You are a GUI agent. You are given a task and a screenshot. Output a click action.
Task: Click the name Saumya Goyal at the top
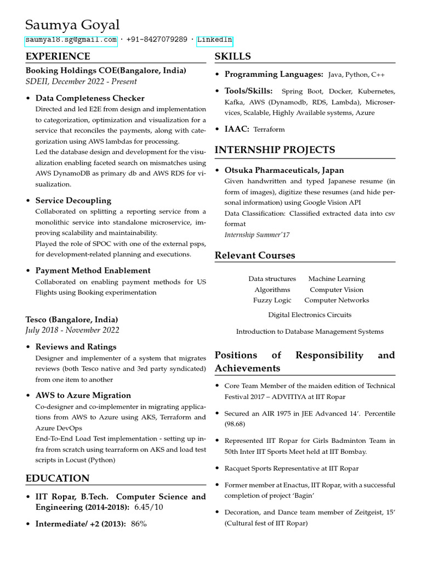pos(72,25)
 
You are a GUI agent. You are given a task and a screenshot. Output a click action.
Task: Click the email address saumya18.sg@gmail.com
pos(71,40)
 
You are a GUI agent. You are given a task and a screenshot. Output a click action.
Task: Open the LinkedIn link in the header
pos(215,40)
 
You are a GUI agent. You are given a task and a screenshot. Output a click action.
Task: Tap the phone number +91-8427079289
pos(156,40)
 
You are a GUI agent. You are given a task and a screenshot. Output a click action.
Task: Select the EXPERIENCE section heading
pos(58,57)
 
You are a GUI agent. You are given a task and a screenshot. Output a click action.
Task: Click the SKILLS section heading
pos(232,57)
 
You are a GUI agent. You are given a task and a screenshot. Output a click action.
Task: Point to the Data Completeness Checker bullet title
pos(90,98)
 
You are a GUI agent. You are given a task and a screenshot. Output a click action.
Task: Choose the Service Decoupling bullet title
pos(73,200)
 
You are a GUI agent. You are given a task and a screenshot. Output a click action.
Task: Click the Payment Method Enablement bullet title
pos(93,271)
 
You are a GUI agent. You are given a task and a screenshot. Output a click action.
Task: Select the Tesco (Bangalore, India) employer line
pos(72,319)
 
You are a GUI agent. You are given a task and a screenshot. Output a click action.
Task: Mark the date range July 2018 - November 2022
pos(72,330)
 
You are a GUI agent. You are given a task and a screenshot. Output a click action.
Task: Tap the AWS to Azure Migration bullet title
pos(83,395)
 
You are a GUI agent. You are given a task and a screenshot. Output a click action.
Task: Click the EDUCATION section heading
pos(58,479)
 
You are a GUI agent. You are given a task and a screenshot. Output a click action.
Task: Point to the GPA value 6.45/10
pos(150,507)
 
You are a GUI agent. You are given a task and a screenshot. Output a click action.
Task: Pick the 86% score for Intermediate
pos(139,524)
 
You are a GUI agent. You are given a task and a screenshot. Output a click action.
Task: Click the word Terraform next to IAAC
pos(269,130)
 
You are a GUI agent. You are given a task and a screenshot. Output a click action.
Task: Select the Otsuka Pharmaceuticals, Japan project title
pos(284,170)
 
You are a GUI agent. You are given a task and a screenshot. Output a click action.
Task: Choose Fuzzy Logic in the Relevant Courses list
pos(272,300)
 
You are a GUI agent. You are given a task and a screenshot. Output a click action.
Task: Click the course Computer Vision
pos(336,290)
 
